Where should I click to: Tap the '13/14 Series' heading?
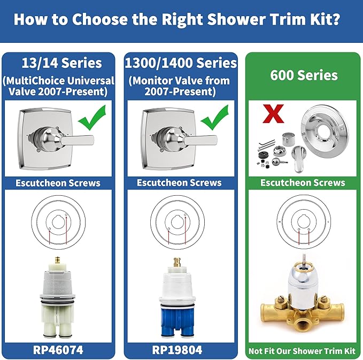[59, 63]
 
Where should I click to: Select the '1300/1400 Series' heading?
[181, 63]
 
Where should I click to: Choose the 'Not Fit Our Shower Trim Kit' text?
[302, 351]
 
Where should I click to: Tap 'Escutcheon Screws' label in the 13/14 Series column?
[59, 183]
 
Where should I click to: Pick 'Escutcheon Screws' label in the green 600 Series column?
[302, 183]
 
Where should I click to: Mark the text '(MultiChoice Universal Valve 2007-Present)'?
[59, 86]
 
